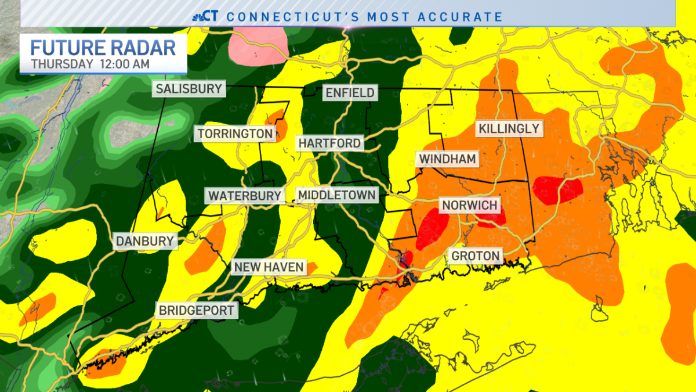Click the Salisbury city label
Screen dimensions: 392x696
[x=188, y=89]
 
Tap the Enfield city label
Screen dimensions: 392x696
[x=350, y=92]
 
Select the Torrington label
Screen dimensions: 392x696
[x=235, y=134]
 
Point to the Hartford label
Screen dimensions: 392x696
[x=330, y=143]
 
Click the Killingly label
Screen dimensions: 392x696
[x=509, y=128]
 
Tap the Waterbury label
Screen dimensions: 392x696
[x=244, y=196]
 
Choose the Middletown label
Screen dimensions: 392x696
[x=336, y=195]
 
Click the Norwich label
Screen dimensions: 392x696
[x=470, y=205]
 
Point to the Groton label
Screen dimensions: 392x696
[x=475, y=256]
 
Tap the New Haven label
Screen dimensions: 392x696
[x=269, y=267]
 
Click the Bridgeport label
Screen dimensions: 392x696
[x=197, y=310]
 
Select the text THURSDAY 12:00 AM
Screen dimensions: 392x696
[x=90, y=64]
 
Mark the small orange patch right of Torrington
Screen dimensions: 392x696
[x=277, y=121]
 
